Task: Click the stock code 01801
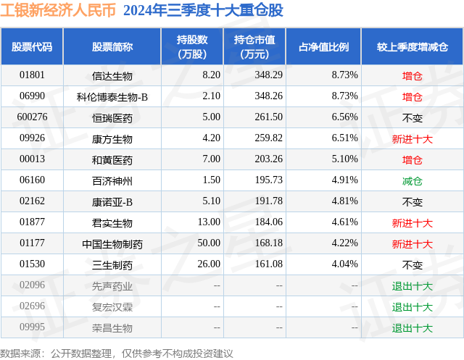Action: tap(32, 75)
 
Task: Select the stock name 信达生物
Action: tap(112, 75)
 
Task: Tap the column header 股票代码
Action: tap(32, 46)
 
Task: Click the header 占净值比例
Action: tap(323, 46)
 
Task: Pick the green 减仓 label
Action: tap(412, 180)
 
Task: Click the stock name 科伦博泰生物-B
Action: tap(112, 96)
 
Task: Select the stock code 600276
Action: tap(32, 117)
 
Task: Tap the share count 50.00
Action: tap(209, 243)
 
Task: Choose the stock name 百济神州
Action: tap(112, 180)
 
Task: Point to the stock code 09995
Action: tap(32, 327)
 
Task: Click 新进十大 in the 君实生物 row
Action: tap(412, 222)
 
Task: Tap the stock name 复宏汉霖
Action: tap(112, 306)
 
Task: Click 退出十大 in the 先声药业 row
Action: tap(412, 285)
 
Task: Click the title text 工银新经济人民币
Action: tap(57, 11)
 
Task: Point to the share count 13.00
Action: tap(209, 222)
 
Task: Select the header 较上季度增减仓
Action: tap(412, 46)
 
